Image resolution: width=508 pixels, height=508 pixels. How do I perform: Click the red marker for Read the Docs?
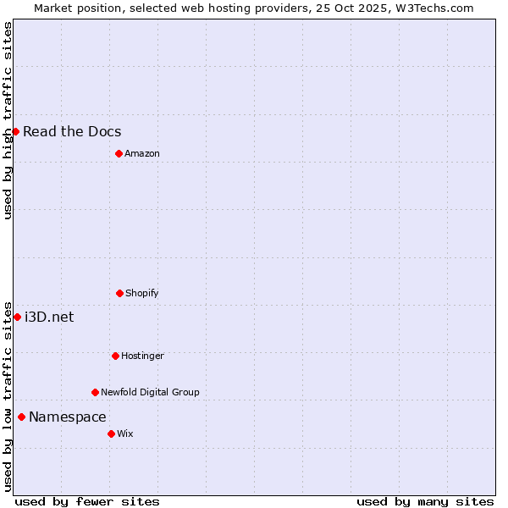pyautogui.click(x=15, y=131)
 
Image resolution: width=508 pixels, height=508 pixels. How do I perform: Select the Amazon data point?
pyautogui.click(x=119, y=153)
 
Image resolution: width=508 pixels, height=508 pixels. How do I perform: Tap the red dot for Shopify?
pyautogui.click(x=119, y=293)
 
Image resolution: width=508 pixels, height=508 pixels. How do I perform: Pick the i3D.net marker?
pyautogui.click(x=17, y=317)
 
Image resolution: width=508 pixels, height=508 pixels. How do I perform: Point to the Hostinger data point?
pyautogui.click(x=115, y=356)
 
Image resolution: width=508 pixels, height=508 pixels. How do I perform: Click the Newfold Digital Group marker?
pyautogui.click(x=95, y=392)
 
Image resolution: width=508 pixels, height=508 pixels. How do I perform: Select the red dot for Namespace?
pyautogui.click(x=21, y=417)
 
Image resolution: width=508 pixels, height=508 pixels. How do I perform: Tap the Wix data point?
pyautogui.click(x=111, y=433)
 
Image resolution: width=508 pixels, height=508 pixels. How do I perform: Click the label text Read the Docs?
pyautogui.click(x=72, y=131)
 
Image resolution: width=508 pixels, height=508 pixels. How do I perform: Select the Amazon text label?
pyautogui.click(x=142, y=153)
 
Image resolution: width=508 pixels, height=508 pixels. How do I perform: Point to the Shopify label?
pyautogui.click(x=142, y=293)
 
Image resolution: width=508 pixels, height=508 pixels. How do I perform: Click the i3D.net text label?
pyautogui.click(x=49, y=317)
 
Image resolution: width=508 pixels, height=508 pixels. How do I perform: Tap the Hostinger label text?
pyautogui.click(x=142, y=356)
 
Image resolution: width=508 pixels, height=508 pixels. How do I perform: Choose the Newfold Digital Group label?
pyautogui.click(x=150, y=392)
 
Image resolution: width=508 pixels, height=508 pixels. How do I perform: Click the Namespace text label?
pyautogui.click(x=68, y=417)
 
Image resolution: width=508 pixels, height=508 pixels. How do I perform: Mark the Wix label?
pyautogui.click(x=125, y=433)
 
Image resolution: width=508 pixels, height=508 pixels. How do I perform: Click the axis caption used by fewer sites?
pyautogui.click(x=87, y=501)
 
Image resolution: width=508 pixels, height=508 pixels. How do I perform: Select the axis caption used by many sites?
pyautogui.click(x=425, y=501)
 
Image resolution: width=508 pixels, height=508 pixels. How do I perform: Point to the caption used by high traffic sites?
pyautogui.click(x=8, y=120)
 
